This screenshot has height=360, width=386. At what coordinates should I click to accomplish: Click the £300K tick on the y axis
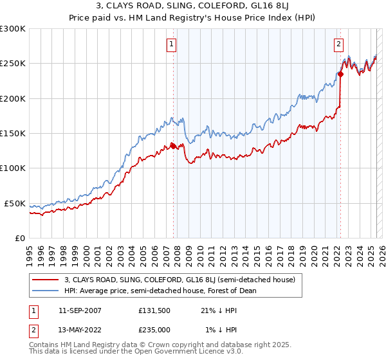pos(13,29)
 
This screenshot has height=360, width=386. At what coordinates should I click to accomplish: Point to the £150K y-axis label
pos(13,134)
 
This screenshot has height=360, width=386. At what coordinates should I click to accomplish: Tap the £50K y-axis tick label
pos(15,203)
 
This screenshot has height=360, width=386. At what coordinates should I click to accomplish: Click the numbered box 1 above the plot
pos(172,44)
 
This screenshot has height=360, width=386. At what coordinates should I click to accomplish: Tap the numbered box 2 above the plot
pos(338,44)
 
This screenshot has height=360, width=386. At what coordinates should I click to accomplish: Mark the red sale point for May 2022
pos(340,74)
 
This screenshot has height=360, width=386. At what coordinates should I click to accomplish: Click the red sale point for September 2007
pos(174,146)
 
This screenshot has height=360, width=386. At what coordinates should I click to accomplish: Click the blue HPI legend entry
pos(160,291)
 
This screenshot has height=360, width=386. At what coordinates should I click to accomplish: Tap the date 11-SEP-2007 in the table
pos(80,310)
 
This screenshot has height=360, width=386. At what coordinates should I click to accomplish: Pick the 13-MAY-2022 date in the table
pos(80,329)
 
